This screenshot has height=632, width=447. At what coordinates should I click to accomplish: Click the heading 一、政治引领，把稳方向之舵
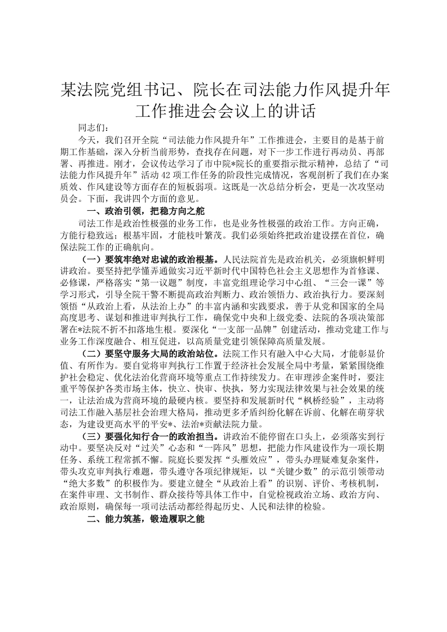(x=140, y=211)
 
